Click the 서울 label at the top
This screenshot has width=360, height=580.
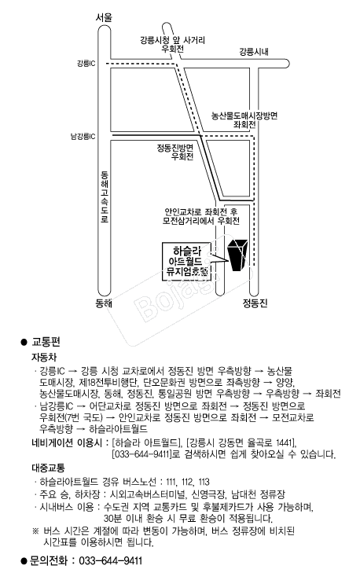coord(104,17)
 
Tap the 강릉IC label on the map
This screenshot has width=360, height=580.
coord(86,63)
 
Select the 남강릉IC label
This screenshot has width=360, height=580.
coord(83,137)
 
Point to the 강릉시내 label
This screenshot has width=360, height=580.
coord(254,52)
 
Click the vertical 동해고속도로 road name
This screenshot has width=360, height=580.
coord(105,196)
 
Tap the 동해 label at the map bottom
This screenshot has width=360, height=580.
coord(104,303)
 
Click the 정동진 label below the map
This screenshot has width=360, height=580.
coord(255,303)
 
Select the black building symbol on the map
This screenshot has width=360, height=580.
coord(237,255)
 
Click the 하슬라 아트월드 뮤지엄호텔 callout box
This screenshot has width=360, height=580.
coord(187,262)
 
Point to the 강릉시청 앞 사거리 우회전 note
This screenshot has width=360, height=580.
coord(172,44)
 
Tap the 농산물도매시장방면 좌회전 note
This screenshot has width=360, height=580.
coord(244,120)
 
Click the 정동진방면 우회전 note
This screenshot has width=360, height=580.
coord(175,152)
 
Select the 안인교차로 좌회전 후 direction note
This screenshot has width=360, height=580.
coord(201,212)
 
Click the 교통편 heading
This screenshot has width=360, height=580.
coord(46,342)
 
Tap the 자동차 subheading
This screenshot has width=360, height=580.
coord(44,358)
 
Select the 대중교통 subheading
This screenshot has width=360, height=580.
coord(48,468)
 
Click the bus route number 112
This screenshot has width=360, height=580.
coord(188,482)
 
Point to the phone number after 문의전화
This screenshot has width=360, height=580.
coord(111,561)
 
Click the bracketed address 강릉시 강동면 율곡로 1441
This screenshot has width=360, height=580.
coord(241,442)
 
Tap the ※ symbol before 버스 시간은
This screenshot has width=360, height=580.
coord(35,531)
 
